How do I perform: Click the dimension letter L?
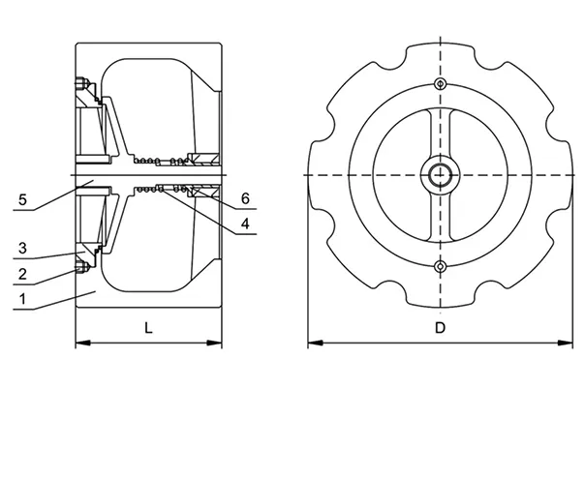pyautogui.click(x=147, y=328)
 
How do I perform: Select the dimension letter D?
pyautogui.click(x=439, y=328)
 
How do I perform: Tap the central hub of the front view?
pyautogui.click(x=441, y=174)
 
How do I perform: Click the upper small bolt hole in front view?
pyautogui.click(x=441, y=83)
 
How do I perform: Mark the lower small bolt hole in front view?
pyautogui.click(x=441, y=266)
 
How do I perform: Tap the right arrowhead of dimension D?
pyautogui.click(x=569, y=343)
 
